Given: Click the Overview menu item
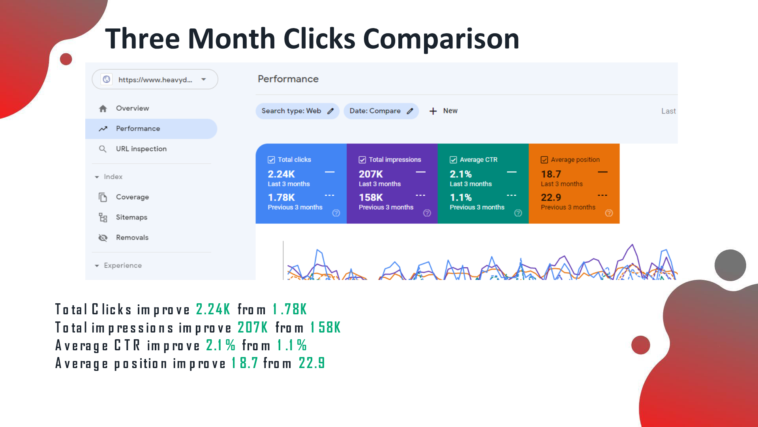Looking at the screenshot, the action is pos(132,108).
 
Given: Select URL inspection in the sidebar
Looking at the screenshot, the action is pos(141,149).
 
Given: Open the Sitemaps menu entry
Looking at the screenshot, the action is pos(131,217).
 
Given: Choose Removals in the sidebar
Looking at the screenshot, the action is pos(132,238).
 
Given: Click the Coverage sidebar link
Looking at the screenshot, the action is pos(132,197).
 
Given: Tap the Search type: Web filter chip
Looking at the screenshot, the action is pos(297,111).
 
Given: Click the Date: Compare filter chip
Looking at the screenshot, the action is pos(381,111).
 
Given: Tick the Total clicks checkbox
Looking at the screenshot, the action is pos(271,160).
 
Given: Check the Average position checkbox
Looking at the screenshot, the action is pos(544,160).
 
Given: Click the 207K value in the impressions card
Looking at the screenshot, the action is pos(371,174).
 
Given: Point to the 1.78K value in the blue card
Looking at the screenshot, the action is pos(281,197).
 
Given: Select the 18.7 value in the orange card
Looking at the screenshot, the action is pos(551,174).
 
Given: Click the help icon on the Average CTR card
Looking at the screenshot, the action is pos(518,213).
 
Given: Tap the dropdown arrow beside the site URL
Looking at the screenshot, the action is pos(204,79).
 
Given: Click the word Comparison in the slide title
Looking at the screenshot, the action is pos(441,39).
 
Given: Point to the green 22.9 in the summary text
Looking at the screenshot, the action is pos(312,363).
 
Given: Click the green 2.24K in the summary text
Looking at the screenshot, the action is pos(213,309).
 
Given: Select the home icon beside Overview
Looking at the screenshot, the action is pos(103,108).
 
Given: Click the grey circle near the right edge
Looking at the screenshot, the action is pos(730,265).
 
